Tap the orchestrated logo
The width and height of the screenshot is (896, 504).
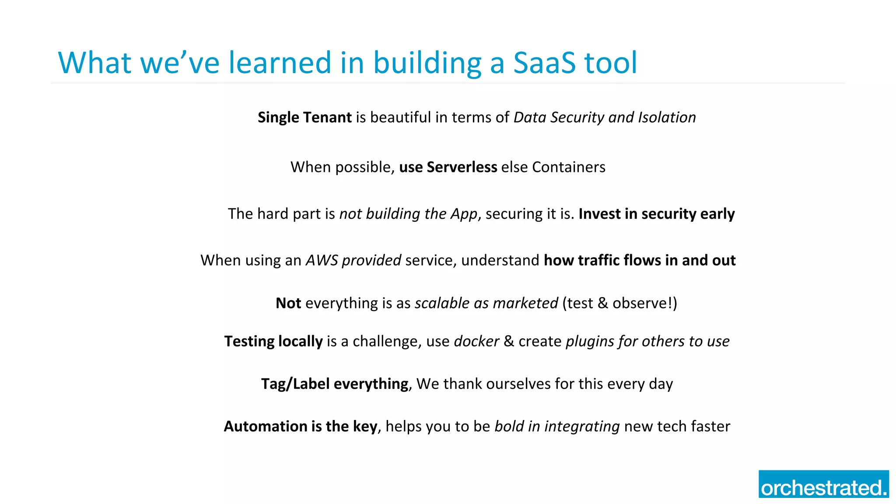point(823,484)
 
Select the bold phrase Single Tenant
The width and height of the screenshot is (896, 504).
point(304,117)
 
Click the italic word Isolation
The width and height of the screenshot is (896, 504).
point(667,117)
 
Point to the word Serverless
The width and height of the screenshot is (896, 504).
point(462,167)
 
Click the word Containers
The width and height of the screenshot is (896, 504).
point(568,167)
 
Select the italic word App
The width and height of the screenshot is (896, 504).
point(464,214)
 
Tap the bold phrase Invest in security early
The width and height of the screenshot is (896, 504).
point(656,214)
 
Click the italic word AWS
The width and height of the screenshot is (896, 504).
point(322,260)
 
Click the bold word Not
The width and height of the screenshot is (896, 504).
point(288,303)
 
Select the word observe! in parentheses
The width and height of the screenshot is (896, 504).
point(644,303)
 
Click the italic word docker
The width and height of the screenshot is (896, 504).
point(476,341)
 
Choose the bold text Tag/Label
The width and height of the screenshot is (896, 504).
point(295,384)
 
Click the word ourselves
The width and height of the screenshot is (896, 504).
point(518,384)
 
